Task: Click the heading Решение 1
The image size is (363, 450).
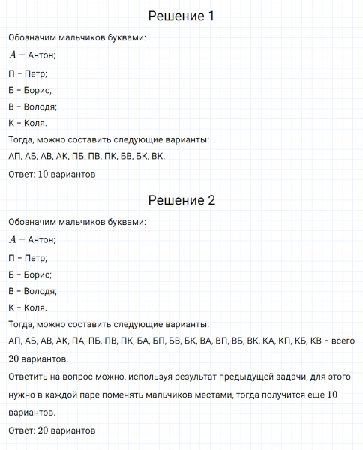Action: point(181,16)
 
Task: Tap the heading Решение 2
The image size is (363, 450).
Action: point(181,200)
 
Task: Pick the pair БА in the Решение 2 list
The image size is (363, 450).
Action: point(141,341)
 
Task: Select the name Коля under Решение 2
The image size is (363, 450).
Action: point(34,307)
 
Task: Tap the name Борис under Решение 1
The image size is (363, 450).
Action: point(37,89)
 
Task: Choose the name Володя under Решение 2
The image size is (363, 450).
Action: point(41,291)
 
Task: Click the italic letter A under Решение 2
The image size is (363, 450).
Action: point(13,239)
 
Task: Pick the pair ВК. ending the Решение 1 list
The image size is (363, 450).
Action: point(158,157)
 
